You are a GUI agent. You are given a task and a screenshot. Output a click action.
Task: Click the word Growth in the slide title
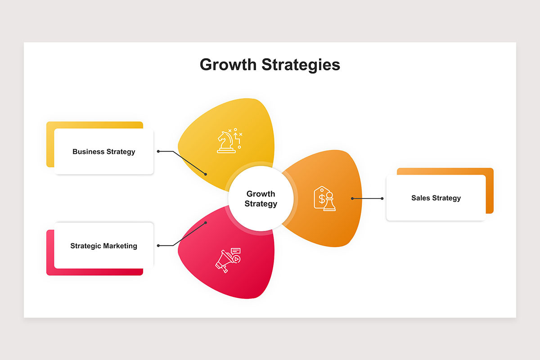pos(228,65)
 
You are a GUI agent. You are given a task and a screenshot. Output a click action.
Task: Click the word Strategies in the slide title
pos(301,65)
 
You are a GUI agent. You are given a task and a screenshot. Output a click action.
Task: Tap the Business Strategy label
pos(103,152)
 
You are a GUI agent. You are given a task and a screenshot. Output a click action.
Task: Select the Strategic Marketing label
pos(103,246)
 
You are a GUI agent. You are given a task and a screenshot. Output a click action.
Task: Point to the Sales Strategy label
pos(436,198)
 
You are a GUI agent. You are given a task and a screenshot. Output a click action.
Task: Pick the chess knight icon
pos(229,141)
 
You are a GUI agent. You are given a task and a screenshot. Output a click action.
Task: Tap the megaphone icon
pos(228,260)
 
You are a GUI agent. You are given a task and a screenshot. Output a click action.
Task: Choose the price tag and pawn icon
pos(324,198)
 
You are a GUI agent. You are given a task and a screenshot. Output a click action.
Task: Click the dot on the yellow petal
pos(206,174)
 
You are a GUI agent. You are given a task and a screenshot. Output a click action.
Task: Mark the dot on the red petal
pos(206,223)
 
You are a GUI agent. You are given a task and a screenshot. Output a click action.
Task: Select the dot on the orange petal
pos(352,198)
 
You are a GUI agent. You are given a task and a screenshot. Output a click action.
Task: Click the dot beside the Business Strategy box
pos(158,152)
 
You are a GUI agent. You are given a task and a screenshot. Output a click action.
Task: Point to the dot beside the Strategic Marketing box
pos(158,246)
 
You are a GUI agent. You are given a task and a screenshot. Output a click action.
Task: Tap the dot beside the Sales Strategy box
pos(382,198)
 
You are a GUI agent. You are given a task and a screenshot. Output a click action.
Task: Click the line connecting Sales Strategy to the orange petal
pos(367,198)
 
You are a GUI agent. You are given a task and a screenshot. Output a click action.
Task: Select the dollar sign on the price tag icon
pos(322,199)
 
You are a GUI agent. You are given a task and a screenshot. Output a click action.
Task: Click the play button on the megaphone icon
pos(237,259)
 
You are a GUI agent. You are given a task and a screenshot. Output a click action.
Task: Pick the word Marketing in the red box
pos(120,246)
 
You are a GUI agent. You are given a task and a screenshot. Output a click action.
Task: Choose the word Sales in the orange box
pos(420,198)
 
